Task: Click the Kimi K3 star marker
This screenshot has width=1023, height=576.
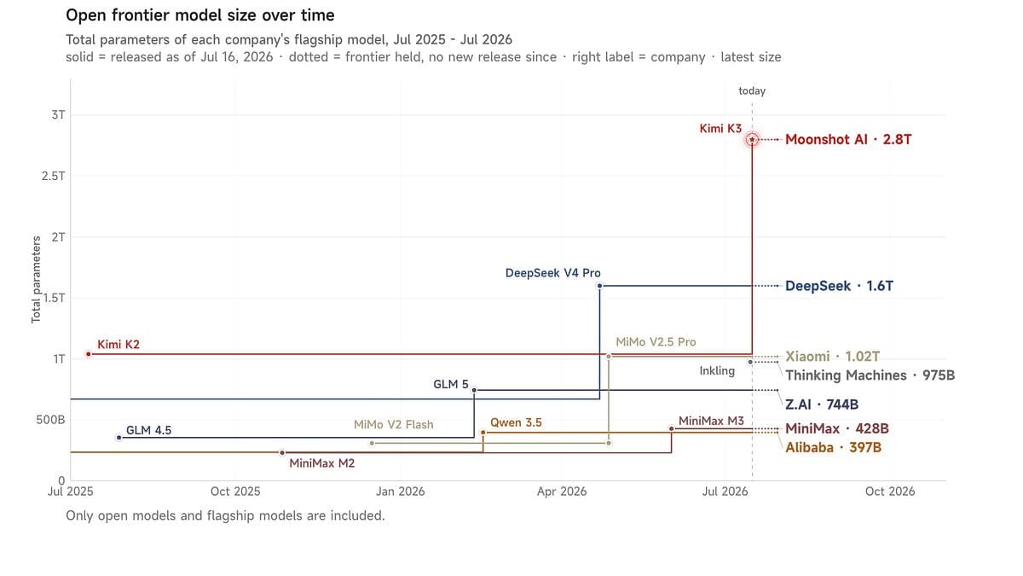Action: [x=752, y=139]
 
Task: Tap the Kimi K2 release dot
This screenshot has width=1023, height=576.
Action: [x=89, y=354]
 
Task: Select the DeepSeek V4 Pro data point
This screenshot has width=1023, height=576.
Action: [x=599, y=286]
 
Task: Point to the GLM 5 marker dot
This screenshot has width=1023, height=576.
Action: [x=474, y=390]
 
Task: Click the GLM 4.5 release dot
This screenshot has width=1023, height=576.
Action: [x=119, y=438]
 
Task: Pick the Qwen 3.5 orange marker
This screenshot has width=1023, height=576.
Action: [x=483, y=432]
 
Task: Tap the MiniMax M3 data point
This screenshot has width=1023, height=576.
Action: [x=672, y=428]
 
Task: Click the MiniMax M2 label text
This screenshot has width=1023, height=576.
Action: [x=322, y=463]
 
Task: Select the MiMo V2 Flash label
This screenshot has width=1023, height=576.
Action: [x=394, y=424]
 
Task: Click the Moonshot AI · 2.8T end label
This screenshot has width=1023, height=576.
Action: [x=848, y=139]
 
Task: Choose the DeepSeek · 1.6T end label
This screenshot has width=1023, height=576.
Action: [x=840, y=286]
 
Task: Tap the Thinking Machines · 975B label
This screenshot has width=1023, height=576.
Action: [x=870, y=375]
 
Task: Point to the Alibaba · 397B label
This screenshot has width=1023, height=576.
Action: [x=834, y=447]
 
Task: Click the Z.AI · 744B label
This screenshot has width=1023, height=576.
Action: [x=822, y=404]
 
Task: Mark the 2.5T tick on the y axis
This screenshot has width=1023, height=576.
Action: [x=54, y=176]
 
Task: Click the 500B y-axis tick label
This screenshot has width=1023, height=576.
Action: [x=50, y=420]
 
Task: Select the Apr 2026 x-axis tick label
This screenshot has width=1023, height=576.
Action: [x=562, y=492]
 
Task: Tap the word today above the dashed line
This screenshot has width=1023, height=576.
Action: [x=752, y=91]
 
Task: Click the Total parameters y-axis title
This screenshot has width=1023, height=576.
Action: [x=36, y=279]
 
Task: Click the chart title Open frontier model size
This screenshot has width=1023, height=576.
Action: [x=200, y=15]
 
